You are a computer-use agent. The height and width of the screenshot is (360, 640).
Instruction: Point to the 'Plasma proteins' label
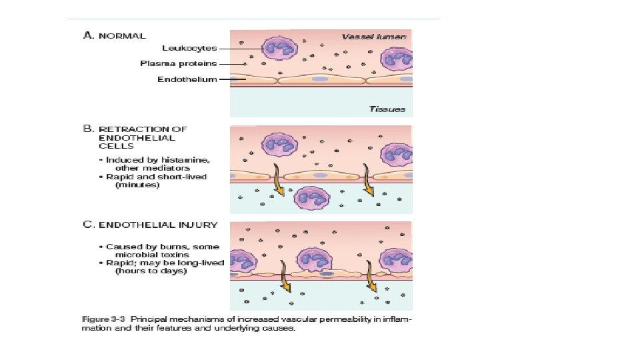coord(179,64)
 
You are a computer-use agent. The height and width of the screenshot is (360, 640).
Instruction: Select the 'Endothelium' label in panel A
coord(187,79)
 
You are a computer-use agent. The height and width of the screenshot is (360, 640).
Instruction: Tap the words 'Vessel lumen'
coord(373,36)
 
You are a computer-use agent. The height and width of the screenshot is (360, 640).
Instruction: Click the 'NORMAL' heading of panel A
coord(123,35)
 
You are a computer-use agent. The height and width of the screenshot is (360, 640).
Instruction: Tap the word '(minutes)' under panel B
coord(137,185)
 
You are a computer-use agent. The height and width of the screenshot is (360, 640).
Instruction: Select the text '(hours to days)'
coord(151,271)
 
